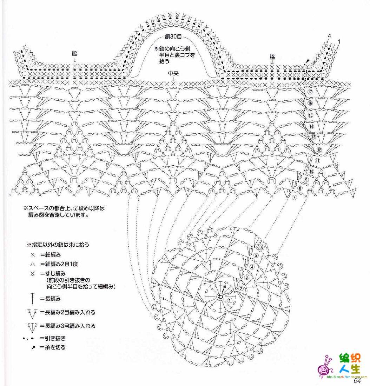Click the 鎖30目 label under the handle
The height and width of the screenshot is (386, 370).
pos(173,36)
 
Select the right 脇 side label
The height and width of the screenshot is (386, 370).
pos(272,57)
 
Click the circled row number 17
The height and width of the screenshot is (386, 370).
pos(310,92)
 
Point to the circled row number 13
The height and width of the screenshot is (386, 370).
pos(313,137)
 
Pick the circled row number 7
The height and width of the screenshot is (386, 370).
pos(295,197)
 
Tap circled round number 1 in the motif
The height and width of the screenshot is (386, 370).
pos(230,300)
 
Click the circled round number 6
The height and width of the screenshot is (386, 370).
pos(262,247)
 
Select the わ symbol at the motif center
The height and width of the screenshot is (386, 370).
pos(220,297)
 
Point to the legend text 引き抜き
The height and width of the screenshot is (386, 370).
pos(55,338)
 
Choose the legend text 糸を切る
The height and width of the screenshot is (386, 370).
pos(55,347)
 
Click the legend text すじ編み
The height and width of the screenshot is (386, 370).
pos(55,273)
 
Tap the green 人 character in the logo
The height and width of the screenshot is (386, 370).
pos(345,368)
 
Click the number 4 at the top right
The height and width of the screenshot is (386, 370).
pos(329,36)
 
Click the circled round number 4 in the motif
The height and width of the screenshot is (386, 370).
pos(252,267)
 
